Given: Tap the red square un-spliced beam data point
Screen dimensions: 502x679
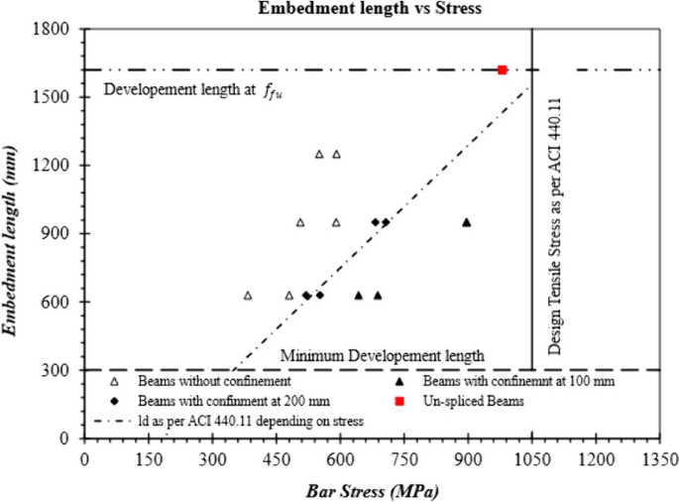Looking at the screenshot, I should pyautogui.click(x=503, y=69).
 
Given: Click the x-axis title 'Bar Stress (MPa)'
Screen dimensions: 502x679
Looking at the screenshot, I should pyautogui.click(x=373, y=490).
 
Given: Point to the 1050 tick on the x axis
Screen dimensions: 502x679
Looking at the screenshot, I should pyautogui.click(x=532, y=460).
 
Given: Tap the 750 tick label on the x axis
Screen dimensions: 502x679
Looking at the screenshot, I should pyautogui.click(x=404, y=460).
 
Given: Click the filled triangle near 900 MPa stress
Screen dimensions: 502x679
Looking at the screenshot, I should pyautogui.click(x=466, y=222).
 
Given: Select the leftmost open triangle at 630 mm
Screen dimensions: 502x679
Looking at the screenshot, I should pyautogui.click(x=248, y=296).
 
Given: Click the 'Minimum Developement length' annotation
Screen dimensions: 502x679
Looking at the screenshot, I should pyautogui.click(x=383, y=355).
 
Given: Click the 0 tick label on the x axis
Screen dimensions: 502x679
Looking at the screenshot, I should pyautogui.click(x=85, y=460).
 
